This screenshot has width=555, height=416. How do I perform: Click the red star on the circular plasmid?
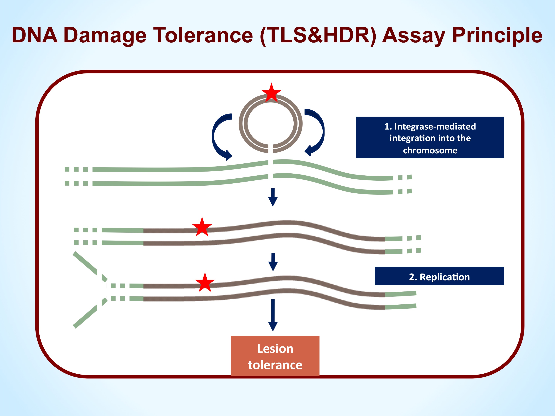[x=271, y=93]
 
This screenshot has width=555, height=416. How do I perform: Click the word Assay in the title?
[x=414, y=36]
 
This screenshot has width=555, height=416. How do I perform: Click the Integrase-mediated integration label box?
[x=430, y=137]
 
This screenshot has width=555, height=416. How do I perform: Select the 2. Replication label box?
[x=439, y=276]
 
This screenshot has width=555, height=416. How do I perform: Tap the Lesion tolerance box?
[x=275, y=356]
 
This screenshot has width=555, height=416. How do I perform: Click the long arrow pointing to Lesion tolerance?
[x=273, y=315]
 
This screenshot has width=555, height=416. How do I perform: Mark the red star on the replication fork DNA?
[x=205, y=283]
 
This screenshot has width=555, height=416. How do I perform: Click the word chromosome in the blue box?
[x=430, y=150]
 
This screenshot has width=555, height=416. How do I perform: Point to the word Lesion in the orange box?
[x=275, y=348]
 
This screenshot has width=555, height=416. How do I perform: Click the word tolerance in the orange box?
[x=275, y=365]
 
